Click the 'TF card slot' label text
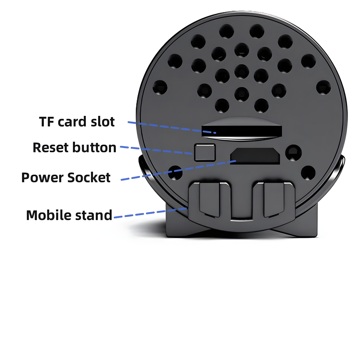coord(77,121)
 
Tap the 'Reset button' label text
coord(74,147)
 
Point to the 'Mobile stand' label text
coord(69,215)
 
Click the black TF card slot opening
coord(241,131)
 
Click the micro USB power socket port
coord(255,156)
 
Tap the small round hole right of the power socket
coord(293,153)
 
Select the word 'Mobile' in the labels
coord(49,215)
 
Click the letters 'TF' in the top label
coord(47,121)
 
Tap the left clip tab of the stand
coord(209,200)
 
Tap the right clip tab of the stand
coord(274,200)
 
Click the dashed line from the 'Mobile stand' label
coord(151,213)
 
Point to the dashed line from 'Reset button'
coord(156,150)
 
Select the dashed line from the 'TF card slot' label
coord(172,127)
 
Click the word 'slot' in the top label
coord(103,121)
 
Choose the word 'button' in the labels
coord(94,147)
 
